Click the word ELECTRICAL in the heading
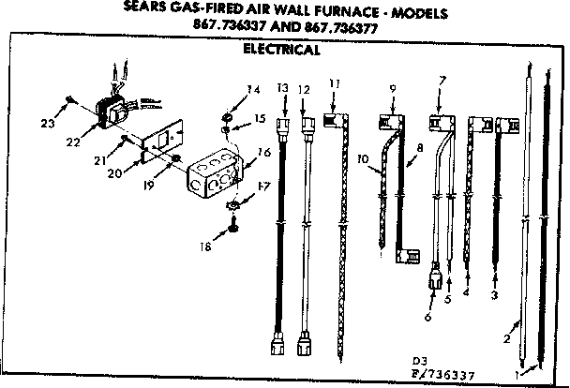[280, 50]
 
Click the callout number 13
[281, 87]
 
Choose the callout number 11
[334, 85]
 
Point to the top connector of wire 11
[333, 120]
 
